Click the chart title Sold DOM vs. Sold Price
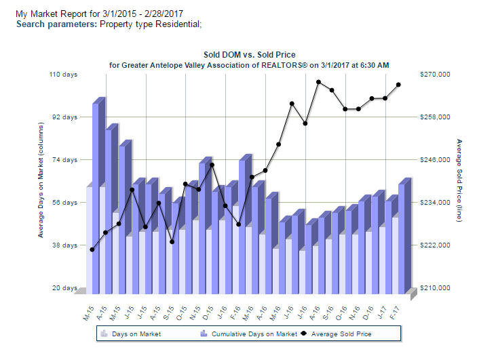pyautogui.click(x=249, y=54)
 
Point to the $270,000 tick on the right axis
pyautogui.click(x=436, y=75)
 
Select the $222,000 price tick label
pyautogui.click(x=436, y=245)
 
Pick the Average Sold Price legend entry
pyautogui.click(x=341, y=334)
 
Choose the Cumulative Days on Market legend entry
pyautogui.click(x=254, y=334)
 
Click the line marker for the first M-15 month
pyautogui.click(x=92, y=249)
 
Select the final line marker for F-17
pyautogui.click(x=398, y=85)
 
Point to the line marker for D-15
pyautogui.click(x=212, y=165)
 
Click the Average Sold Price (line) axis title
pyautogui.click(x=459, y=183)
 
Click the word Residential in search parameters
pyautogui.click(x=177, y=24)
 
